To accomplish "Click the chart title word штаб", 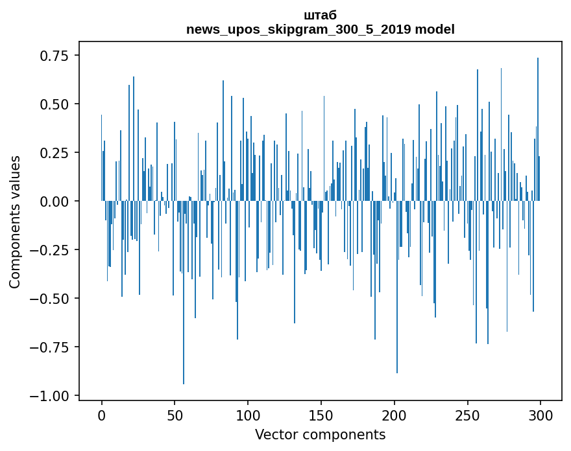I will pos(320,16).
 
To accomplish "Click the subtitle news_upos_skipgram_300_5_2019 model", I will pos(320,29).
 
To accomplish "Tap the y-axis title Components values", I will pos(15,222).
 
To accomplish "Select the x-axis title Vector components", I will pos(320,435).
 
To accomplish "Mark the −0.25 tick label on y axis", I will pos(51,250).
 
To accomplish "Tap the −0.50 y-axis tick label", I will pos(51,299).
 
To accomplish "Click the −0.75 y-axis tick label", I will pos(51,347).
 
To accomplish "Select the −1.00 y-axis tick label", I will pos(51,396).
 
